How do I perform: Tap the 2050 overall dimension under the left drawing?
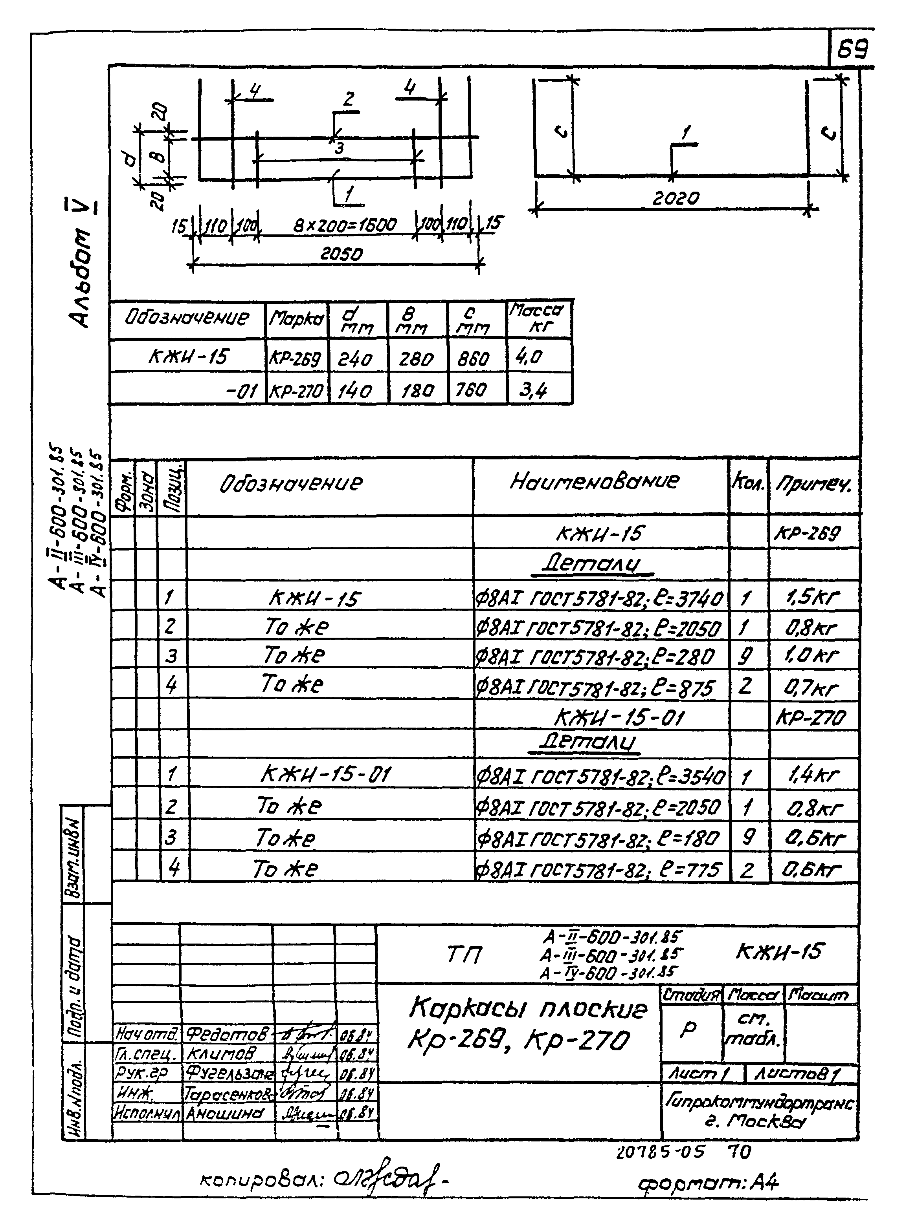click(341, 254)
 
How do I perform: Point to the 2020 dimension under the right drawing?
click(676, 198)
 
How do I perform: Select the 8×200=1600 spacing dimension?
click(345, 225)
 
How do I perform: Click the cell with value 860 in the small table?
click(473, 358)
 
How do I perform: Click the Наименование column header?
click(595, 481)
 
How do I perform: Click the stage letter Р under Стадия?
click(688, 1029)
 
